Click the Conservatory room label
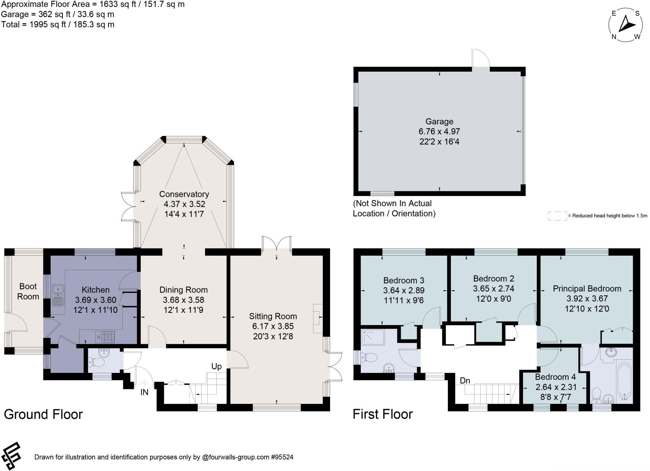tap(184, 194)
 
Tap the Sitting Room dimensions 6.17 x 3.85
tap(273, 326)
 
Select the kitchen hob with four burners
tap(105, 337)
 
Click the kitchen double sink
tap(58, 295)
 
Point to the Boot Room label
tap(28, 291)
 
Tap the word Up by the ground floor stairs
tap(216, 367)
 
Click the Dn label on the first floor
tap(465, 380)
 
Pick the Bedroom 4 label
tap(555, 377)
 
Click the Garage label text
tap(439, 121)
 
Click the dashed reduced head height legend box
tap(557, 216)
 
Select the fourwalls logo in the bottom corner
tap(11, 456)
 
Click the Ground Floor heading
tap(43, 414)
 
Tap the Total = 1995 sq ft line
tap(58, 24)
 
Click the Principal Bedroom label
tap(587, 289)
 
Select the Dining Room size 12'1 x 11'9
tap(183, 310)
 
